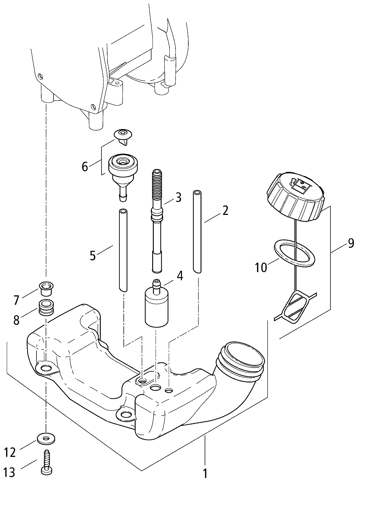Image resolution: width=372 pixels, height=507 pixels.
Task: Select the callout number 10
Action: pyautogui.click(x=261, y=267)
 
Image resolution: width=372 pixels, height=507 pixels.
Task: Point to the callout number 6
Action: pyautogui.click(x=85, y=167)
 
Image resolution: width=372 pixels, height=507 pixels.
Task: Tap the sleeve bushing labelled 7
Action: pyautogui.click(x=46, y=288)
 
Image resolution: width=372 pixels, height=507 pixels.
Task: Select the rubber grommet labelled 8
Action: pyautogui.click(x=46, y=307)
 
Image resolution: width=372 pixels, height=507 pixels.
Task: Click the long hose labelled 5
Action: pyautogui.click(x=123, y=250)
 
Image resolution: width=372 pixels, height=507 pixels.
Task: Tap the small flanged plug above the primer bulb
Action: pyautogui.click(x=123, y=137)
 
